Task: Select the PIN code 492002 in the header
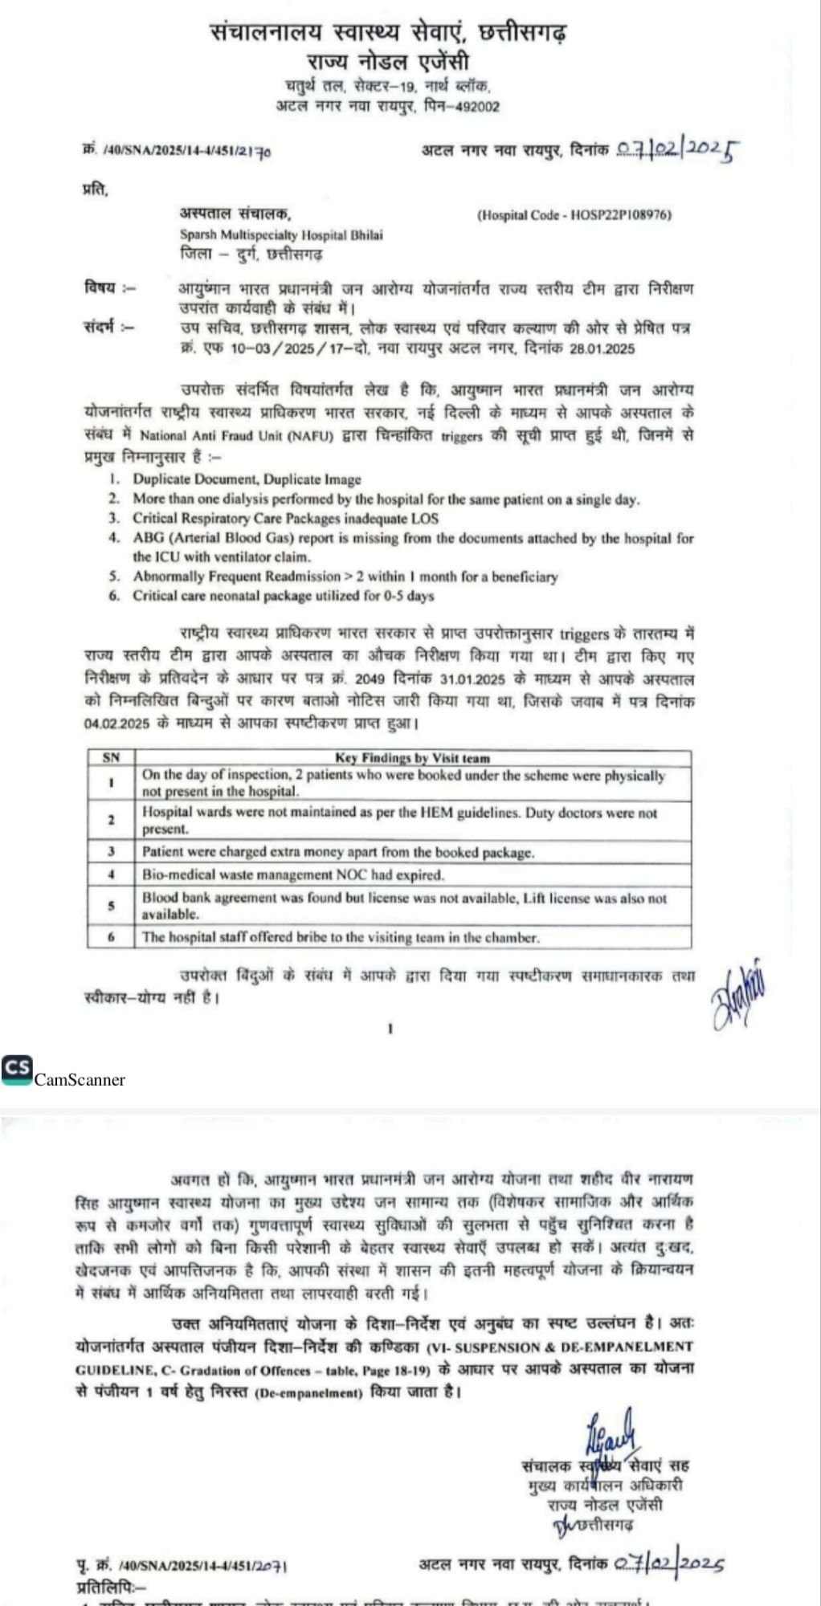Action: click(x=477, y=106)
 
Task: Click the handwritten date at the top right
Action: click(x=677, y=150)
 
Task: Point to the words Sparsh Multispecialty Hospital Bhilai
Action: click(x=281, y=235)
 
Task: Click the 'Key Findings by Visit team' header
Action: click(x=412, y=757)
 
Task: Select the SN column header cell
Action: click(x=111, y=757)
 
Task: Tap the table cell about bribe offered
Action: click(x=341, y=936)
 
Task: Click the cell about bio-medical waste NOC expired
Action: click(x=293, y=874)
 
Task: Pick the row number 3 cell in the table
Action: click(x=111, y=851)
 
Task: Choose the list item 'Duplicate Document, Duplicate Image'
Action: click(x=247, y=479)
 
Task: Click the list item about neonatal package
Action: click(x=283, y=596)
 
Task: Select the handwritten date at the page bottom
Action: click(x=669, y=1564)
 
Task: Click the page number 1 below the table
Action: click(x=390, y=1028)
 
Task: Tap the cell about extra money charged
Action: click(x=337, y=851)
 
